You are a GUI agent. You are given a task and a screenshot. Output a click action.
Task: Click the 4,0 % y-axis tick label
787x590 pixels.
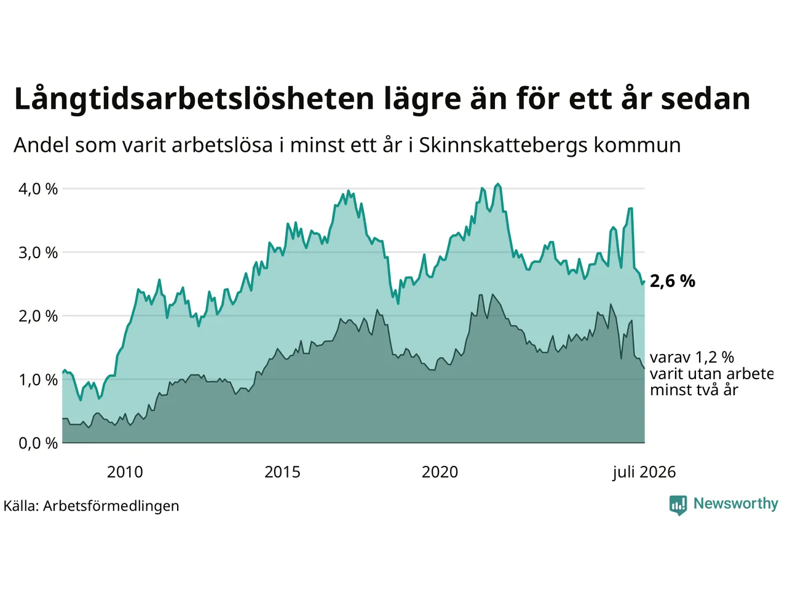click(38, 189)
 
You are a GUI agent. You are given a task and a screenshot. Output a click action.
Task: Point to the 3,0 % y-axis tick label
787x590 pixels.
click(38, 253)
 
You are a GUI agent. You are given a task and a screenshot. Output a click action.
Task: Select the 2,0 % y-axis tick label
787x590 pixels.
click(38, 317)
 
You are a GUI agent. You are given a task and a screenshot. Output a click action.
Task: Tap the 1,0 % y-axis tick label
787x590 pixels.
click(38, 380)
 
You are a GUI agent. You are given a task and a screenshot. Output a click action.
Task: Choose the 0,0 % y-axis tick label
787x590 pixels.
click(38, 444)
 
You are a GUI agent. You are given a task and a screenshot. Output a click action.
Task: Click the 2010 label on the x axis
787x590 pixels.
click(125, 472)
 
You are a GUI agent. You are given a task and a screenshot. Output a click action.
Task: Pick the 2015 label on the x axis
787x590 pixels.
click(282, 472)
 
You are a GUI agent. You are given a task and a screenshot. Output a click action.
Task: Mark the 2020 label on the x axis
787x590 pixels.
click(440, 472)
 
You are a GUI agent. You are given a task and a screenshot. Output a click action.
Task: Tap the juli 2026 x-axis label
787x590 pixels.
click(644, 473)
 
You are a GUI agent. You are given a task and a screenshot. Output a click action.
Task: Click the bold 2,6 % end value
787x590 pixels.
click(673, 281)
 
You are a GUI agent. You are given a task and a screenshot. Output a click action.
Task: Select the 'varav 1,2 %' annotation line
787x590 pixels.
click(692, 357)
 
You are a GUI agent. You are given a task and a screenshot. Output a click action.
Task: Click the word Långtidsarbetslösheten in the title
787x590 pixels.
click(194, 99)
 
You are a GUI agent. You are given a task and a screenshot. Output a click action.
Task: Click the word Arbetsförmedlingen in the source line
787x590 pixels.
click(111, 506)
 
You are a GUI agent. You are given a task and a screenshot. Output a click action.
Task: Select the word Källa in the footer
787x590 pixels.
click(21, 506)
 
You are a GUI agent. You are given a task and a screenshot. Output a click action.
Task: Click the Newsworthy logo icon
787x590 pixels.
click(678, 505)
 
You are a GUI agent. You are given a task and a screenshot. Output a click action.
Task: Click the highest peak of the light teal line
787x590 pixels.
click(497, 184)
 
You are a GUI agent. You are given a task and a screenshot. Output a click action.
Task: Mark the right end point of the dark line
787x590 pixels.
click(644, 368)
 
